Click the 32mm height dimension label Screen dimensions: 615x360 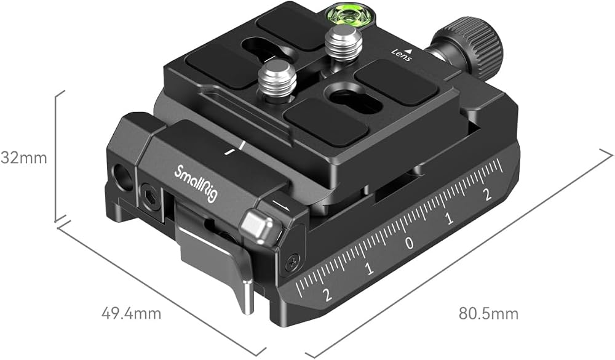[23, 158]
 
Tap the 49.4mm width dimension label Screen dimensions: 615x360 [131, 314]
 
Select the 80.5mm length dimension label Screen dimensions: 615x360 [488, 314]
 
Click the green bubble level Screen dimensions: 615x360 [347, 19]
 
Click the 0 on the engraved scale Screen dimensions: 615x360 [409, 244]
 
